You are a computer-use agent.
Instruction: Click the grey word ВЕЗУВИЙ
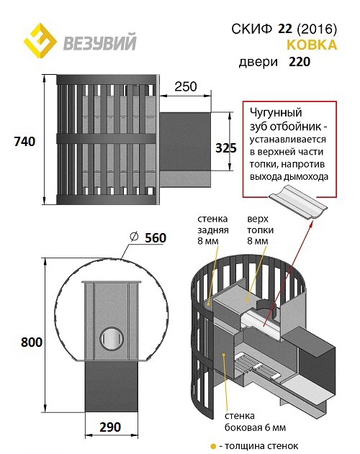(x=100, y=42)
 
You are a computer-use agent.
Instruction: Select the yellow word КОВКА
(x=312, y=45)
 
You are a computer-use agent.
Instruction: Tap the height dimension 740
(x=25, y=142)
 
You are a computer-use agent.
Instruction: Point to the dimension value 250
(x=186, y=86)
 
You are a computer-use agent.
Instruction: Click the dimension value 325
(x=226, y=148)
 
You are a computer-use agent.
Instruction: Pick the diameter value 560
(x=156, y=238)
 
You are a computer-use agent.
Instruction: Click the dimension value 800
(x=32, y=342)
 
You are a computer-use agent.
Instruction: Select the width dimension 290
(x=110, y=427)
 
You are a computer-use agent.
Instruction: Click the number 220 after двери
(x=300, y=62)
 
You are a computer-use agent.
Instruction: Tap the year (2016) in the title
(x=317, y=29)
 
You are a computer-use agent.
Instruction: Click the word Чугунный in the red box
(x=276, y=112)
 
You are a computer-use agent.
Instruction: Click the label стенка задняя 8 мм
(x=213, y=230)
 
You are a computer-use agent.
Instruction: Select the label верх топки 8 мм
(x=261, y=230)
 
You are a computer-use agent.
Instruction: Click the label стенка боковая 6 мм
(x=255, y=422)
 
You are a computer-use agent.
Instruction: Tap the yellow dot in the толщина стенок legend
(x=213, y=446)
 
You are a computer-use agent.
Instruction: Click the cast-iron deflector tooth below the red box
(x=297, y=202)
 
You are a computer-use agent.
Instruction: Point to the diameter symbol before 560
(x=134, y=237)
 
